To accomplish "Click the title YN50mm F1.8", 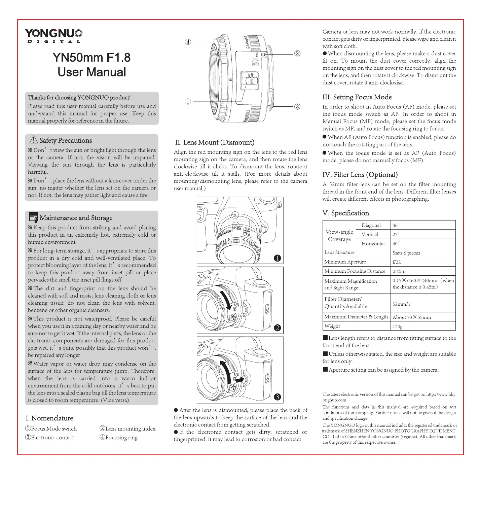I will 91,58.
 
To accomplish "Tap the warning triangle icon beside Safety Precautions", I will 33,140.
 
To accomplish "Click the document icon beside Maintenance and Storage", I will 34,217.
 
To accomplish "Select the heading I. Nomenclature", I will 49,418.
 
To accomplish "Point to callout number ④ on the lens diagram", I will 188,42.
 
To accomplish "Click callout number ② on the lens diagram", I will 297,54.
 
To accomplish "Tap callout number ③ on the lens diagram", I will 297,107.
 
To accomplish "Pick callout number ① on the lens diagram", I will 188,101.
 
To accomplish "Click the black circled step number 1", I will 277,258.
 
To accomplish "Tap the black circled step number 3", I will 277,397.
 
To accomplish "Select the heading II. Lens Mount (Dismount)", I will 215,142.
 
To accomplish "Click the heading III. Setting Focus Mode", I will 357,97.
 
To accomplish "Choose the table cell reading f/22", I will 397,262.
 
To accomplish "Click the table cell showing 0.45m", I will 399,271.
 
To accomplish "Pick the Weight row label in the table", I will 332,326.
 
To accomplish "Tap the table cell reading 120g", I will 398,326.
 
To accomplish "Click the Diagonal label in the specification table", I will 371,225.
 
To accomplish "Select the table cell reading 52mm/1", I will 401,304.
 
